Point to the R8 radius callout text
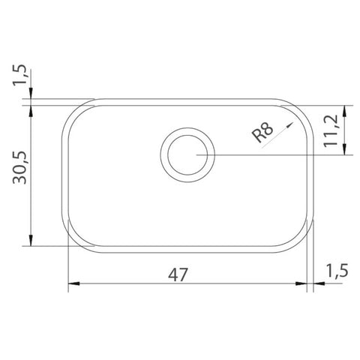(x=262, y=133)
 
